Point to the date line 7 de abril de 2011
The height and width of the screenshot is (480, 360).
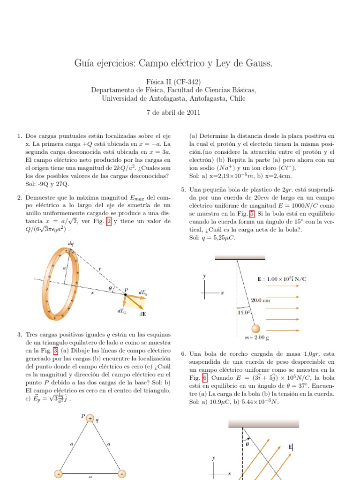[180, 112]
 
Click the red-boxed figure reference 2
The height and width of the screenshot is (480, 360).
[109, 222]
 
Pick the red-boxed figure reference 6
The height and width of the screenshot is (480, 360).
[204, 378]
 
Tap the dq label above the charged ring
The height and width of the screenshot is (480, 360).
[70, 245]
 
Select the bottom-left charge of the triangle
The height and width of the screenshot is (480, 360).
[59, 474]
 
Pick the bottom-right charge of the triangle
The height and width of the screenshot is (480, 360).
[121, 474]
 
